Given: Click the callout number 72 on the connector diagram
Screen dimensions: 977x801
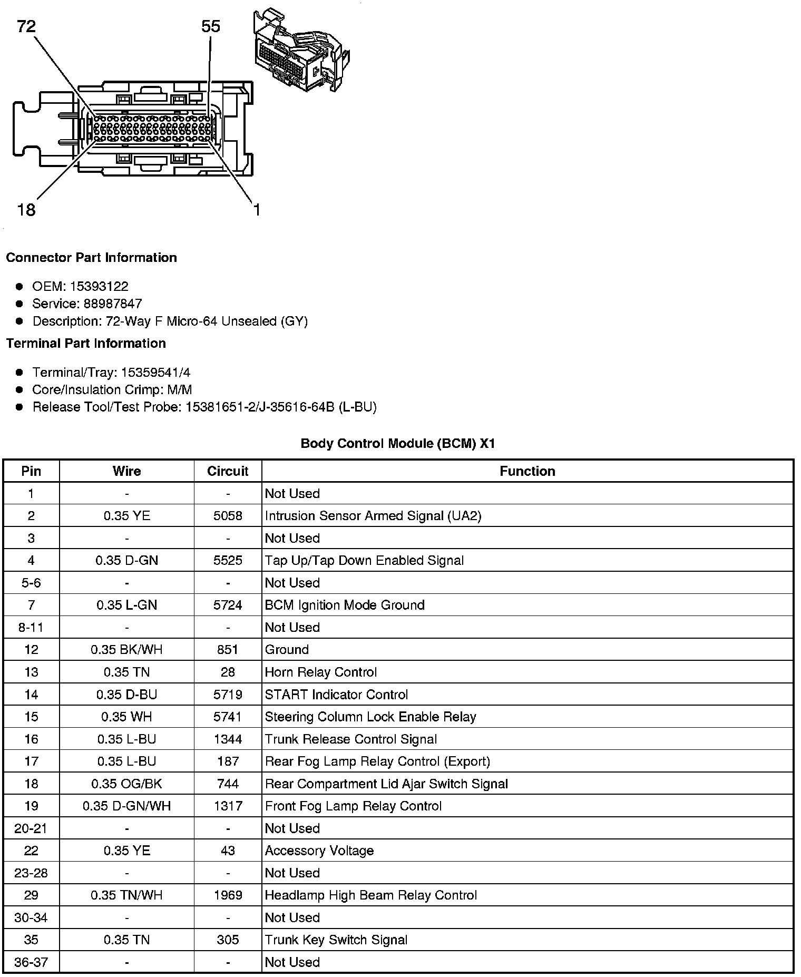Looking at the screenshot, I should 26,26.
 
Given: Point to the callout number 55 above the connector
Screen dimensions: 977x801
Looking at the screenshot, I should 211,26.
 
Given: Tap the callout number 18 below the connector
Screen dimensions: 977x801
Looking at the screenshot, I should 26,210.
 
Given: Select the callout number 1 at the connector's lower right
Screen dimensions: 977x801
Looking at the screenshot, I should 257,210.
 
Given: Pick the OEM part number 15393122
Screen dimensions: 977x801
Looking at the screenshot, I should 99,286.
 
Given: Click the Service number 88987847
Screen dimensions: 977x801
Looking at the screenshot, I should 113,304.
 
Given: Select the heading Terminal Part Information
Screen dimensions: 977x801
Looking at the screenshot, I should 86,343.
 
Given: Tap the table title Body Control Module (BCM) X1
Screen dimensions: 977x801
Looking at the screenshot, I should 398,443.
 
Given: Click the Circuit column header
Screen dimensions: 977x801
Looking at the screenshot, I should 228,471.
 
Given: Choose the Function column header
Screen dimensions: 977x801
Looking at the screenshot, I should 527,471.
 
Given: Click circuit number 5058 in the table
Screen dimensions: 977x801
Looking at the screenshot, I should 228,516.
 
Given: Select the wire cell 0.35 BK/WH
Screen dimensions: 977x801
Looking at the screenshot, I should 126,650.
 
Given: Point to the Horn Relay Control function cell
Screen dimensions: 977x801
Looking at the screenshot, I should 321,672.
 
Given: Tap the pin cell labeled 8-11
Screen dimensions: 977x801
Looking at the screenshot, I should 31,628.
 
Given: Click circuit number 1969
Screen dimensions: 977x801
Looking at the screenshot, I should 228,895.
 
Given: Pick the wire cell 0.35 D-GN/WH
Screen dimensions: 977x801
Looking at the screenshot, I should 126,806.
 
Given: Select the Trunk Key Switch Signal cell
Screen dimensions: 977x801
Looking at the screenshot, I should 336,940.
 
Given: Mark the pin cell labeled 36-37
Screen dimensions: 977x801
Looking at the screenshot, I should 31,962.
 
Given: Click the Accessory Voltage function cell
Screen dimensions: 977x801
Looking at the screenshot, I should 319,851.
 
